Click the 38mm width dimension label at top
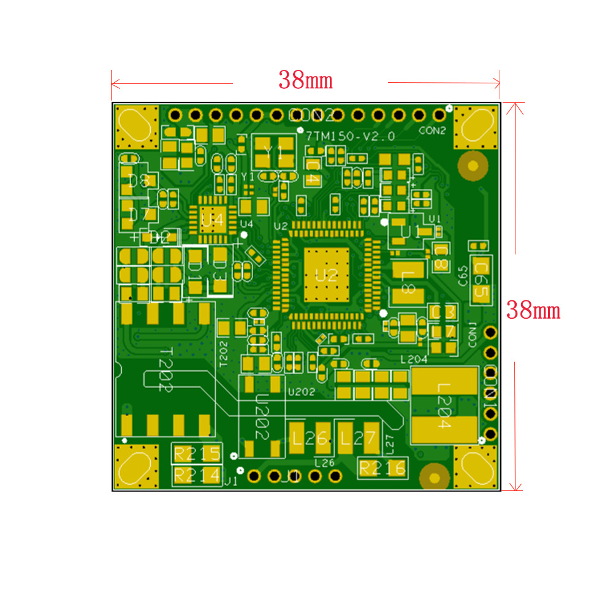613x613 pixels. pyautogui.click(x=305, y=80)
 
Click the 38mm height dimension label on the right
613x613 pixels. pyautogui.click(x=533, y=310)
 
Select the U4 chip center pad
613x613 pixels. pyautogui.click(x=212, y=219)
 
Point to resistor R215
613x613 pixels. pyautogui.click(x=197, y=454)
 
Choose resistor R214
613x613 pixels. pyautogui.click(x=197, y=474)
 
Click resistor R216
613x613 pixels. pyautogui.click(x=383, y=468)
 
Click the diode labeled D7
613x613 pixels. pyautogui.click(x=139, y=215)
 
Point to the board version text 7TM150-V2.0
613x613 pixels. pyautogui.click(x=351, y=137)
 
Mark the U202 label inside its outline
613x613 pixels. pyautogui.click(x=262, y=417)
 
